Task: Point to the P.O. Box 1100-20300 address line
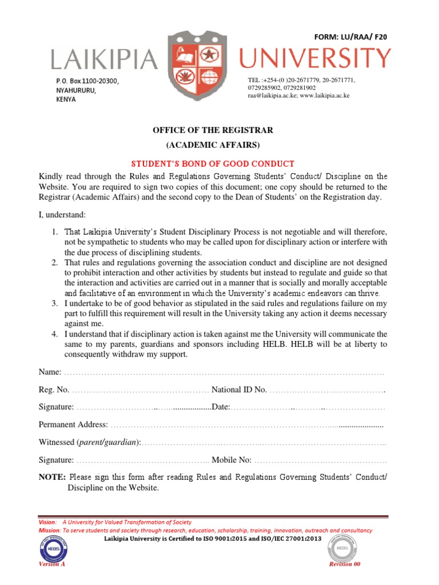pos(87,82)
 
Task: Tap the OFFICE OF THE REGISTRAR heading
pos(213,130)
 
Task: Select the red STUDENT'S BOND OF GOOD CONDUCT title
pos(213,164)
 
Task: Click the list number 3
pos(53,303)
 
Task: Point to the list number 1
pos(53,232)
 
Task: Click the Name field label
pos(50,372)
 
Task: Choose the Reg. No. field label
pos(54,390)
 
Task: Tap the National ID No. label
pos(239,390)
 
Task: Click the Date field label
pos(220,407)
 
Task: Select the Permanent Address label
pos(73,424)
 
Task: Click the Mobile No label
pos(232,459)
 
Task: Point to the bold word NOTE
pos(52,477)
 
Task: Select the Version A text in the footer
pos(51,564)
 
